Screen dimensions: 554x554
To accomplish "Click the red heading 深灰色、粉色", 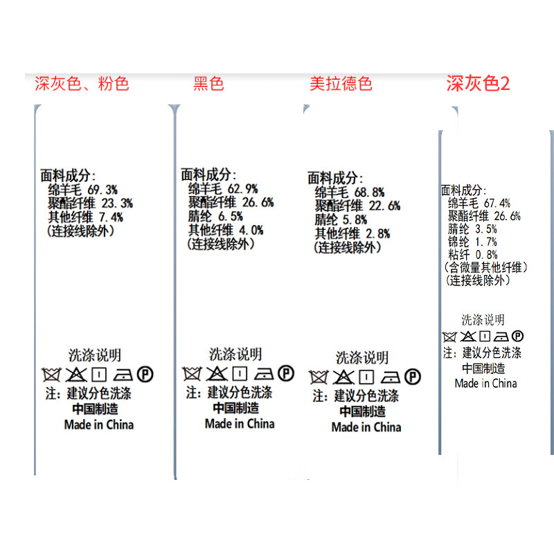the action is pyautogui.click(x=82, y=84).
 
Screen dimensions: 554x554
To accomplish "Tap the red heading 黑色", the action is pyautogui.click(x=208, y=84).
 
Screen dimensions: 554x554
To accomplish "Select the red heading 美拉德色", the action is pyautogui.click(x=341, y=84).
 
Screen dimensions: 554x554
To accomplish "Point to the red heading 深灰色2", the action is pyautogui.click(x=478, y=84).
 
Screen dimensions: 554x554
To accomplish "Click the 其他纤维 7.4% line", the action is pyautogui.click(x=85, y=217).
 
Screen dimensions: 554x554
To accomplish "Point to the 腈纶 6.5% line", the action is pyautogui.click(x=215, y=216).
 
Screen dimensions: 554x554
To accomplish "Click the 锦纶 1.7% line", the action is pyautogui.click(x=472, y=242).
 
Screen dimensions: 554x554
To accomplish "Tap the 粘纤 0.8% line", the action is pyautogui.click(x=472, y=255).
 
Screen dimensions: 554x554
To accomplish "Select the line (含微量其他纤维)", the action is pyautogui.click(x=485, y=267).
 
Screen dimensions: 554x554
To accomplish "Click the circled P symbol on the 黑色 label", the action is pyautogui.click(x=285, y=374).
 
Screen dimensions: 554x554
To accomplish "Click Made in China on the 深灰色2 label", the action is pyautogui.click(x=485, y=383).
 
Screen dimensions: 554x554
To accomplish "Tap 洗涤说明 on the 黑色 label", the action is pyautogui.click(x=235, y=355).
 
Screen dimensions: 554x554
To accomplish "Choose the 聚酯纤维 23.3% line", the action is pyautogui.click(x=90, y=203).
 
